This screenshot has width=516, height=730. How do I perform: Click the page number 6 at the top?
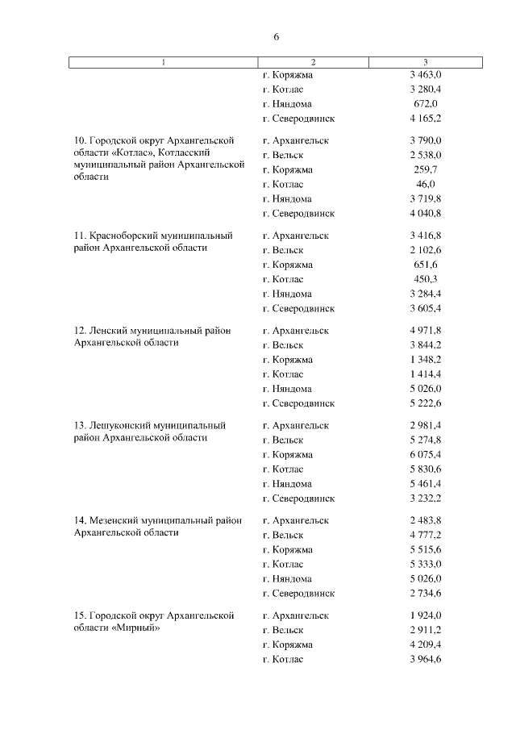(x=276, y=37)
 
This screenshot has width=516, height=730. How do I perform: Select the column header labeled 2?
(x=313, y=62)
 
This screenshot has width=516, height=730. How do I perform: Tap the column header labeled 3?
(x=425, y=62)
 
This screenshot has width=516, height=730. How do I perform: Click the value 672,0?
(x=425, y=104)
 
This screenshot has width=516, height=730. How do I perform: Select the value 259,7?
(x=425, y=170)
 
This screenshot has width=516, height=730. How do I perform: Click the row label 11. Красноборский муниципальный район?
(x=152, y=242)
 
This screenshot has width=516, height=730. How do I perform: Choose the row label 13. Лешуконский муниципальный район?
(x=149, y=432)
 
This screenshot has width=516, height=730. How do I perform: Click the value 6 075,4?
(x=425, y=455)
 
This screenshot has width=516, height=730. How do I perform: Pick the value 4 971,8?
(x=425, y=331)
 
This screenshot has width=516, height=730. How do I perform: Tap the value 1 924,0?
(x=425, y=615)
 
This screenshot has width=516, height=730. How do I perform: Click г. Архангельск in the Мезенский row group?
(x=296, y=521)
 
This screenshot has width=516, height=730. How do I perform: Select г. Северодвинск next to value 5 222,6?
(x=298, y=403)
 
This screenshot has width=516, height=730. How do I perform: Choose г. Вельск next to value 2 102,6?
(x=283, y=250)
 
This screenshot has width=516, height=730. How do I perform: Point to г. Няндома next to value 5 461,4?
(x=287, y=484)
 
